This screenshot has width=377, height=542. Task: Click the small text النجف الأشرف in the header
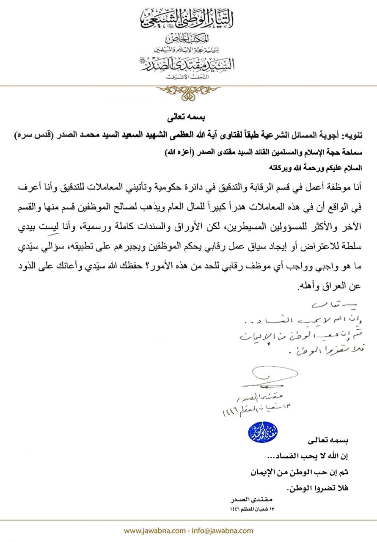click(x=188, y=77)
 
